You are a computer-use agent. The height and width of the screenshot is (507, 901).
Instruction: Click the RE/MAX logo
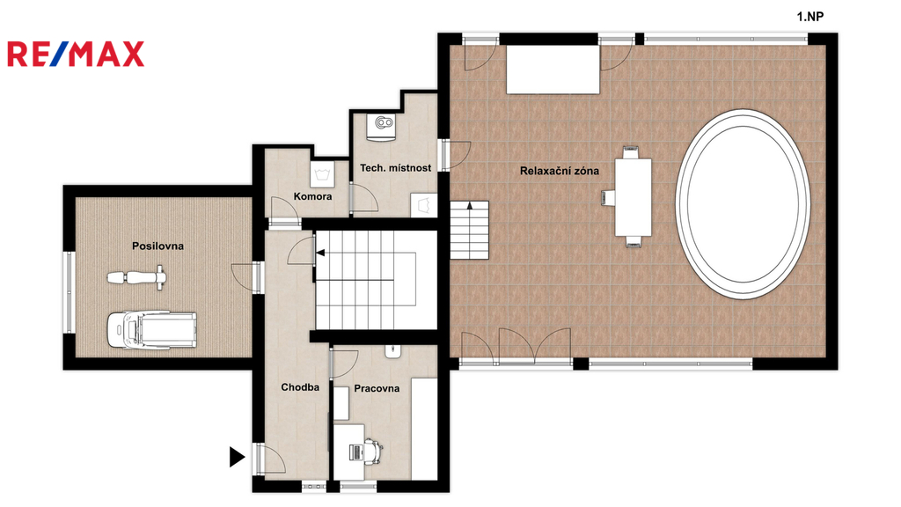(x=76, y=54)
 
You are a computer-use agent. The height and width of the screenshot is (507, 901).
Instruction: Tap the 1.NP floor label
(x=810, y=17)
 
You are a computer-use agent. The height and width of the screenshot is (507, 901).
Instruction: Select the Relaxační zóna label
(x=559, y=171)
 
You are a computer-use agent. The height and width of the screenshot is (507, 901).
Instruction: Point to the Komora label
(x=312, y=196)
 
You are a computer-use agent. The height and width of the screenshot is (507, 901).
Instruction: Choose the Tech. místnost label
(x=395, y=168)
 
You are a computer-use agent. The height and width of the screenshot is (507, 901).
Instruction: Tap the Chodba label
(x=300, y=387)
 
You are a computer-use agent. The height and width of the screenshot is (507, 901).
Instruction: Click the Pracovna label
(x=377, y=388)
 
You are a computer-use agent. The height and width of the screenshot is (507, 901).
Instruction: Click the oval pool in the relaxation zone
(x=743, y=204)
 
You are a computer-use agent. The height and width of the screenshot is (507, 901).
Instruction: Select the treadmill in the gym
(x=151, y=329)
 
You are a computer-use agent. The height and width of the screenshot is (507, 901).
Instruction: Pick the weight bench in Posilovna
(x=137, y=277)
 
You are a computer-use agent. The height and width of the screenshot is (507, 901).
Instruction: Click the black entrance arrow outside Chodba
(x=237, y=457)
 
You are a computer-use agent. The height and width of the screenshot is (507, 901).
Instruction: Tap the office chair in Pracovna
(x=373, y=452)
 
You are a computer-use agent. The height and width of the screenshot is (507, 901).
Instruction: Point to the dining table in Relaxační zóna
(x=634, y=197)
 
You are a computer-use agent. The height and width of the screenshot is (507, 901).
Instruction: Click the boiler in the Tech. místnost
(x=383, y=127)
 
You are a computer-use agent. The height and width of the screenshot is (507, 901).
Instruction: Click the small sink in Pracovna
(x=393, y=351)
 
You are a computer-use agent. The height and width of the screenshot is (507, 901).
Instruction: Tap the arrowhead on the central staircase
(x=319, y=253)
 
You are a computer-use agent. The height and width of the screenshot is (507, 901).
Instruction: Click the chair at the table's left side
(x=608, y=197)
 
